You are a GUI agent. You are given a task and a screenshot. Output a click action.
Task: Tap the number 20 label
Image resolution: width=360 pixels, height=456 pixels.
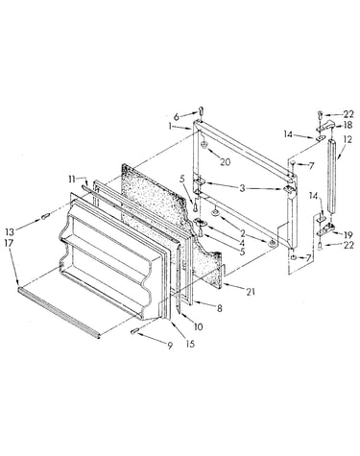pos(225,162)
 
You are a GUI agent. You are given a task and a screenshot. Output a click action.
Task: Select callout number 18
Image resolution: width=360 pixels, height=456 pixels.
pos(348,125)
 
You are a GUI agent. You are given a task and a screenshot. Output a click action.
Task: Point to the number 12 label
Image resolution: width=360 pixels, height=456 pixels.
pos(348,139)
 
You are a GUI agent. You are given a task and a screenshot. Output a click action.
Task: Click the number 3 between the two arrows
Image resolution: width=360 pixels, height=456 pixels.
pos(242,188)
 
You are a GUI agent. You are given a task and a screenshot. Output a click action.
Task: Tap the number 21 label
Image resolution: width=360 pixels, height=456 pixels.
pos(251,292)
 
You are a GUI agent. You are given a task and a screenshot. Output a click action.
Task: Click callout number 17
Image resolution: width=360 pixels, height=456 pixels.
pos(9,243)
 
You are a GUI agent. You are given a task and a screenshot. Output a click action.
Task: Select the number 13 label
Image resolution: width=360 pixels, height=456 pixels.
pos(11,231)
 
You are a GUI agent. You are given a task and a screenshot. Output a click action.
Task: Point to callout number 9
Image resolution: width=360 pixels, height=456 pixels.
pos(170,346)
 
